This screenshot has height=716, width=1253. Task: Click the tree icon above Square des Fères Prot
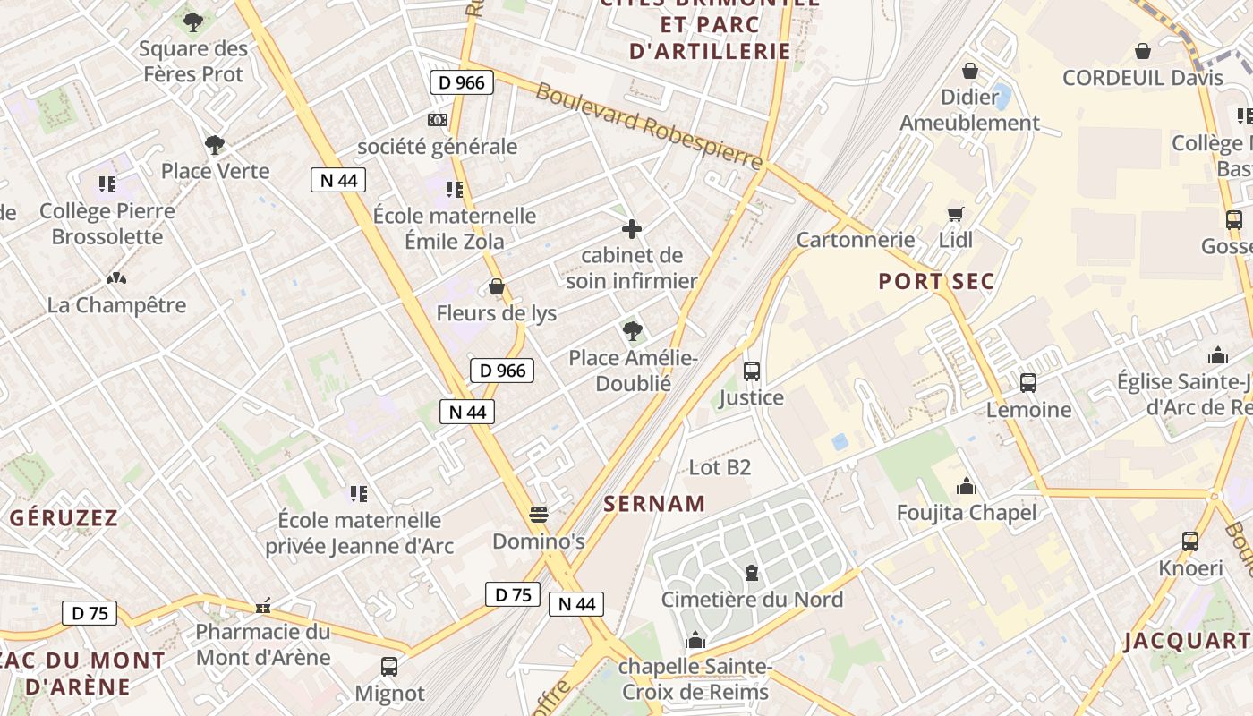click(x=192, y=21)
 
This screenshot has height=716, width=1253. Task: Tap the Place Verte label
click(x=215, y=170)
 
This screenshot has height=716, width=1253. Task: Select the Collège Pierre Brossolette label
click(x=107, y=224)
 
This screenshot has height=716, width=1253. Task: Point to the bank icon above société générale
click(x=438, y=119)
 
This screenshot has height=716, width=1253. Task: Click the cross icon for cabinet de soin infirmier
click(x=632, y=229)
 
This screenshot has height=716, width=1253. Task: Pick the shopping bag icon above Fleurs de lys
click(x=497, y=287)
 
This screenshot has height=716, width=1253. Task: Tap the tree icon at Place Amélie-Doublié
click(x=633, y=331)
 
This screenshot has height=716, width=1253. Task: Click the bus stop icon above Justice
click(x=752, y=371)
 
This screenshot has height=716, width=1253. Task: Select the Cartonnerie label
click(x=856, y=239)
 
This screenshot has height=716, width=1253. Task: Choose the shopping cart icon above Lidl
click(x=956, y=214)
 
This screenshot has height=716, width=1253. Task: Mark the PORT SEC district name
click(x=936, y=281)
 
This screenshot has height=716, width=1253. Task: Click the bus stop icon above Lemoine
click(x=1028, y=383)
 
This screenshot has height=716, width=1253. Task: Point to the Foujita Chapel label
click(x=967, y=512)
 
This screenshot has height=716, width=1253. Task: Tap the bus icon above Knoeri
click(x=1190, y=541)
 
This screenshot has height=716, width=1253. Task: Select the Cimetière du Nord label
click(x=752, y=599)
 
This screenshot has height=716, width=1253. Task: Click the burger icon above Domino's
click(x=539, y=515)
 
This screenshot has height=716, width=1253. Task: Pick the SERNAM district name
click(x=654, y=503)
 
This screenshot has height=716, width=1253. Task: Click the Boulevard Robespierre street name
click(x=649, y=125)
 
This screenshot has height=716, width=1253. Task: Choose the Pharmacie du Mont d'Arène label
click(x=263, y=644)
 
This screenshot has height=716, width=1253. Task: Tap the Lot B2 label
click(x=720, y=466)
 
